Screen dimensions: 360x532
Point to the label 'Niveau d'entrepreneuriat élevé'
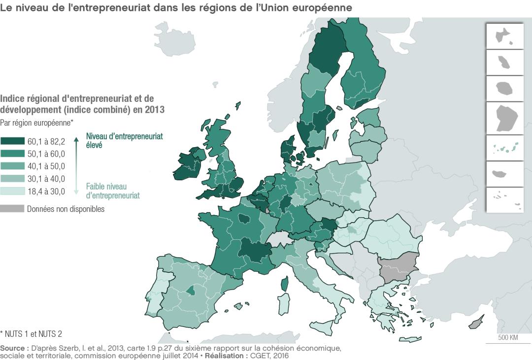[x=124, y=140]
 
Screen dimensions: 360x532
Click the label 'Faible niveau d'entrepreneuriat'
[x=113, y=191]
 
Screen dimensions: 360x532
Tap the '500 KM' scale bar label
[x=507, y=338]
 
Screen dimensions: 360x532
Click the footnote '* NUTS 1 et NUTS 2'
[x=31, y=333]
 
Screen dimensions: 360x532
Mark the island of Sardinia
[x=283, y=304]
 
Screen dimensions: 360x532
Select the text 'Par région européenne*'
[x=37, y=122]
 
